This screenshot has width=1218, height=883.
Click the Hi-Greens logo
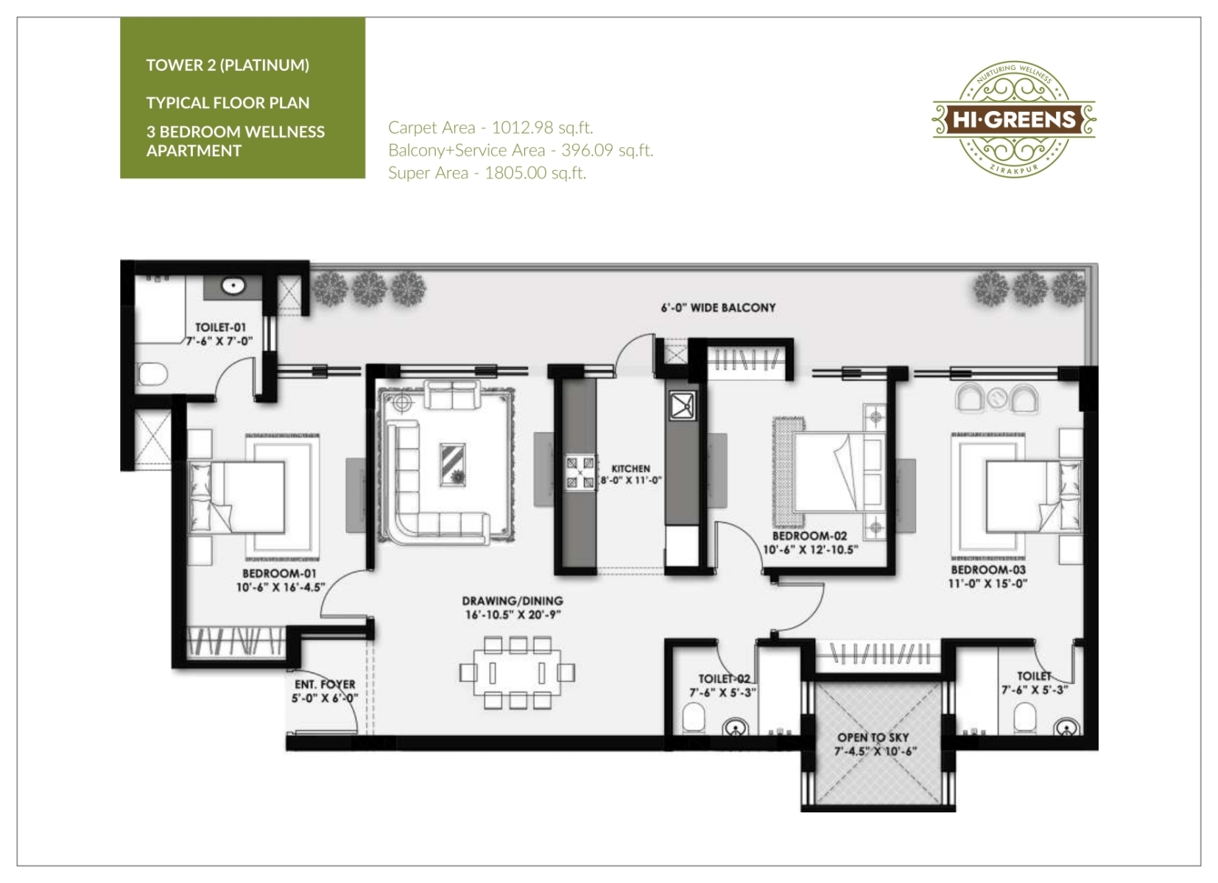(x=1013, y=119)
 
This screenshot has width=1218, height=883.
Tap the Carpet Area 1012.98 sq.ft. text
(x=490, y=128)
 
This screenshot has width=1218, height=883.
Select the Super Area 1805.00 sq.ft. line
(x=487, y=173)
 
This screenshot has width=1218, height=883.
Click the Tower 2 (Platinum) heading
(x=228, y=65)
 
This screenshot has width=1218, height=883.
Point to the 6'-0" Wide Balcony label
(x=718, y=308)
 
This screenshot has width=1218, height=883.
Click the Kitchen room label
(x=631, y=469)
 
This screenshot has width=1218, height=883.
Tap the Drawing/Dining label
(x=513, y=601)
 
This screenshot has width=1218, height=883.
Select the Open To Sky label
(x=873, y=737)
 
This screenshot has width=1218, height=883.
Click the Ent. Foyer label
(x=325, y=684)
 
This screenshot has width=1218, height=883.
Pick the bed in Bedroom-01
(x=236, y=497)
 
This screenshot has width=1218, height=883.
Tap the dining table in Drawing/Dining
(x=517, y=673)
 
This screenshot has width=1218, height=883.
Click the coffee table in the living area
(x=452, y=464)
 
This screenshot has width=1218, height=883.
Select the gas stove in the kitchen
(x=580, y=472)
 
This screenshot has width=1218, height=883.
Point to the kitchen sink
(x=682, y=405)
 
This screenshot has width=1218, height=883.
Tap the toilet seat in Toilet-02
(x=693, y=718)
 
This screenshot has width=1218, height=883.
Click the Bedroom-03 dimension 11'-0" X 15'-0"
(x=988, y=584)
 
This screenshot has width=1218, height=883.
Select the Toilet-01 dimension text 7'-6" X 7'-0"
(x=219, y=341)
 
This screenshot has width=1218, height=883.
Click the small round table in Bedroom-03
(x=996, y=398)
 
